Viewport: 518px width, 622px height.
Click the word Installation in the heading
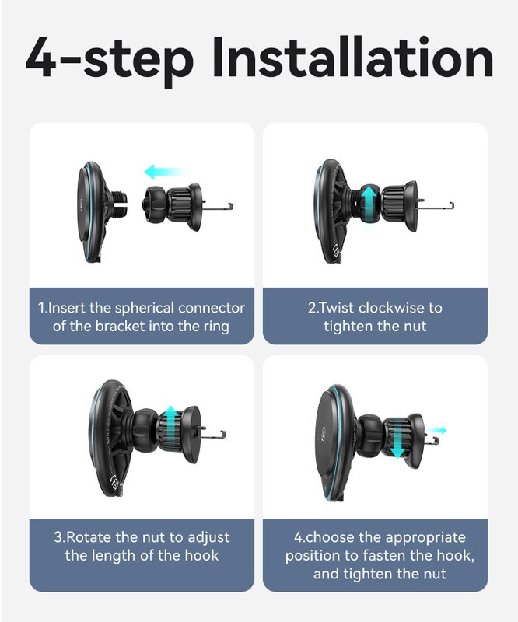pos(352,57)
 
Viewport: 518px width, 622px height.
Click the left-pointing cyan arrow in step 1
pos(165,172)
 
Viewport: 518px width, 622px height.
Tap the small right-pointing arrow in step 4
pos(438,430)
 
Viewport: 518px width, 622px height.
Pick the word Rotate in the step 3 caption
pos(89,537)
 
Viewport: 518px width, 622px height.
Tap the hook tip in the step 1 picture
pos(231,206)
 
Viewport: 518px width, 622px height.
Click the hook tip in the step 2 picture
pos(452,206)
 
